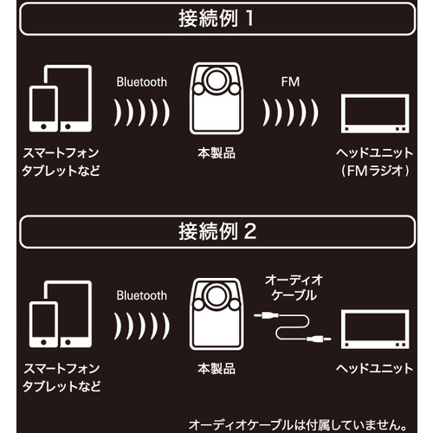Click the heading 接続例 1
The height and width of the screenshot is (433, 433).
216,18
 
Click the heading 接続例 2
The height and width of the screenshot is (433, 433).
217,231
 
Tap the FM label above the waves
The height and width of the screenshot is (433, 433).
290,82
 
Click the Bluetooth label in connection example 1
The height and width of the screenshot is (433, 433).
142,82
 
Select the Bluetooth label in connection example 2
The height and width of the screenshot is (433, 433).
142,295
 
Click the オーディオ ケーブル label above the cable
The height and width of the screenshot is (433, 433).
294,288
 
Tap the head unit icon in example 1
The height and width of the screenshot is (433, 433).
375,113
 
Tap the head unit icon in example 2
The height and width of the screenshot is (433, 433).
375,329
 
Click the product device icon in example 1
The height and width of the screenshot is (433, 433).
216,99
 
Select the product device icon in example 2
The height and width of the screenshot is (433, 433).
216,314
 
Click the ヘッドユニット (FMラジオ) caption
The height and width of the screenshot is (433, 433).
375,162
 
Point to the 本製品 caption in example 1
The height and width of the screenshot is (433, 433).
216,153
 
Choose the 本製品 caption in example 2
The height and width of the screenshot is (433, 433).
216,369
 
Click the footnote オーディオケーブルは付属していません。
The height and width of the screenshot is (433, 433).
298,425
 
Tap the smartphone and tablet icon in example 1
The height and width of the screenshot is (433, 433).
61,99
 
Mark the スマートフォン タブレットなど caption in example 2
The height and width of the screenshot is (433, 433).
61,378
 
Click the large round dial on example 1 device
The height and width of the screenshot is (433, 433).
216,80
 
